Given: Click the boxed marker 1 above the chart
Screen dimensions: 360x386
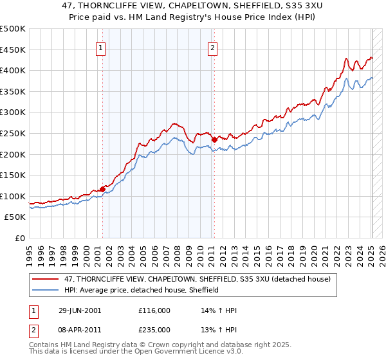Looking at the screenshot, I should click(x=102, y=47).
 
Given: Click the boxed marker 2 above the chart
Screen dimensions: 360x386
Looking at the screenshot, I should click(x=212, y=47).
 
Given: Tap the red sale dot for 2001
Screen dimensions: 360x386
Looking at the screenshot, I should click(x=102, y=189).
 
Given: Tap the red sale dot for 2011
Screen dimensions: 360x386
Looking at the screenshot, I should click(x=214, y=139).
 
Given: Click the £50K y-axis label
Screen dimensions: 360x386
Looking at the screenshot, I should click(x=15, y=217).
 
